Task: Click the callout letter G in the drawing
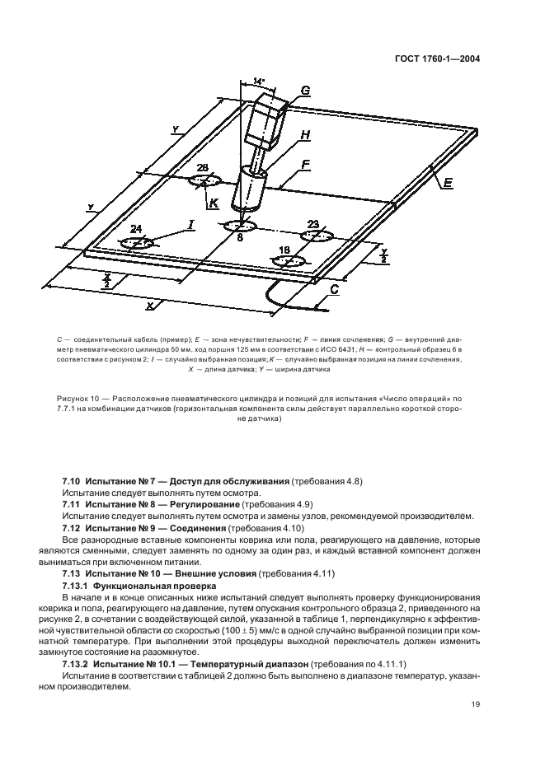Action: coord(305,91)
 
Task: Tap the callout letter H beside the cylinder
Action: coord(305,134)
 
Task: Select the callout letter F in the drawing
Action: coord(305,165)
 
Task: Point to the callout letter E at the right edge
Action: coord(448,183)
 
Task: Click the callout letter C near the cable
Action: coord(333,289)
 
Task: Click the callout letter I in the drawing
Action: coord(190,223)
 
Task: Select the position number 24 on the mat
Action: coord(136,230)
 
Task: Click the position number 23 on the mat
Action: coord(313,223)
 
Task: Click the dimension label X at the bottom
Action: coord(150,305)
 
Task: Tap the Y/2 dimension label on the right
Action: coord(383,255)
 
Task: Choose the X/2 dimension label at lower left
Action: coord(107,280)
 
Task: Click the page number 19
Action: coord(476,703)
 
